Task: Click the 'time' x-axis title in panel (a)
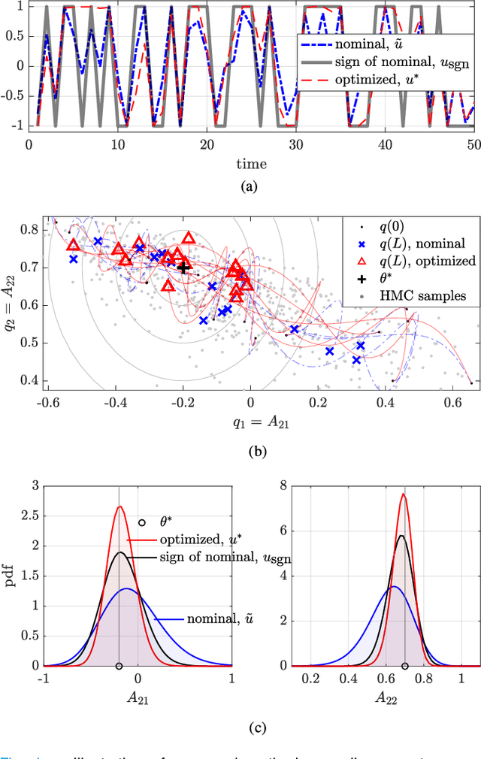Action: [x=252, y=163]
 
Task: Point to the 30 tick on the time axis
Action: [x=297, y=144]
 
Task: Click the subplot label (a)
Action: [x=252, y=186]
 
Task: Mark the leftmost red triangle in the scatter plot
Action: [x=73, y=245]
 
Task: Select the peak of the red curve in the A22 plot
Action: [x=404, y=494]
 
